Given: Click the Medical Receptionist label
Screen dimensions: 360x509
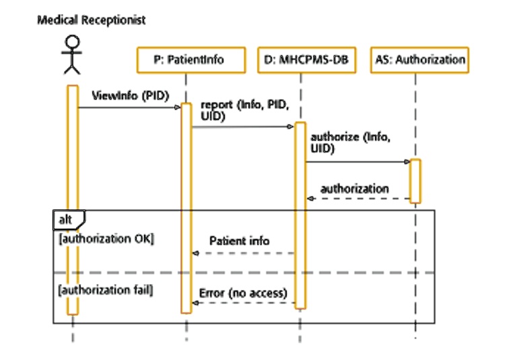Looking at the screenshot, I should (x=91, y=20).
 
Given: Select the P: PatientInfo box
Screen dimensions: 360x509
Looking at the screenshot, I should (x=189, y=59).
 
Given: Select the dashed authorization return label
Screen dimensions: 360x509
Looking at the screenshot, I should (x=354, y=188).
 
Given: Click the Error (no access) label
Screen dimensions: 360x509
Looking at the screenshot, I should (x=243, y=293).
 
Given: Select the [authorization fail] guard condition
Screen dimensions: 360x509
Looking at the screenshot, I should (x=106, y=291).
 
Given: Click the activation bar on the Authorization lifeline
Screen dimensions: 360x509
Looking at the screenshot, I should (x=415, y=180).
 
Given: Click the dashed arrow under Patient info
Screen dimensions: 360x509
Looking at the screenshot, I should (x=243, y=253).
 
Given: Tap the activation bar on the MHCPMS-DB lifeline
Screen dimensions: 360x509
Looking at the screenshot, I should (x=300, y=215).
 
